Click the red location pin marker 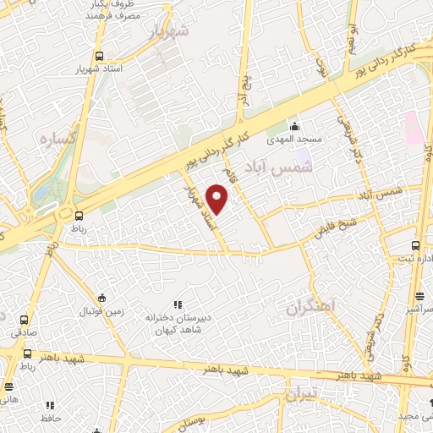click(x=218, y=201)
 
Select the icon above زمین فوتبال click(x=102, y=298)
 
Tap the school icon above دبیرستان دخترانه click(x=177, y=304)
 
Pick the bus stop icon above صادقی click(x=23, y=321)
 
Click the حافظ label click(x=50, y=418)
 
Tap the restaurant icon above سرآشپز click(x=419, y=296)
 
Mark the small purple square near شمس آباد click(x=303, y=156)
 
